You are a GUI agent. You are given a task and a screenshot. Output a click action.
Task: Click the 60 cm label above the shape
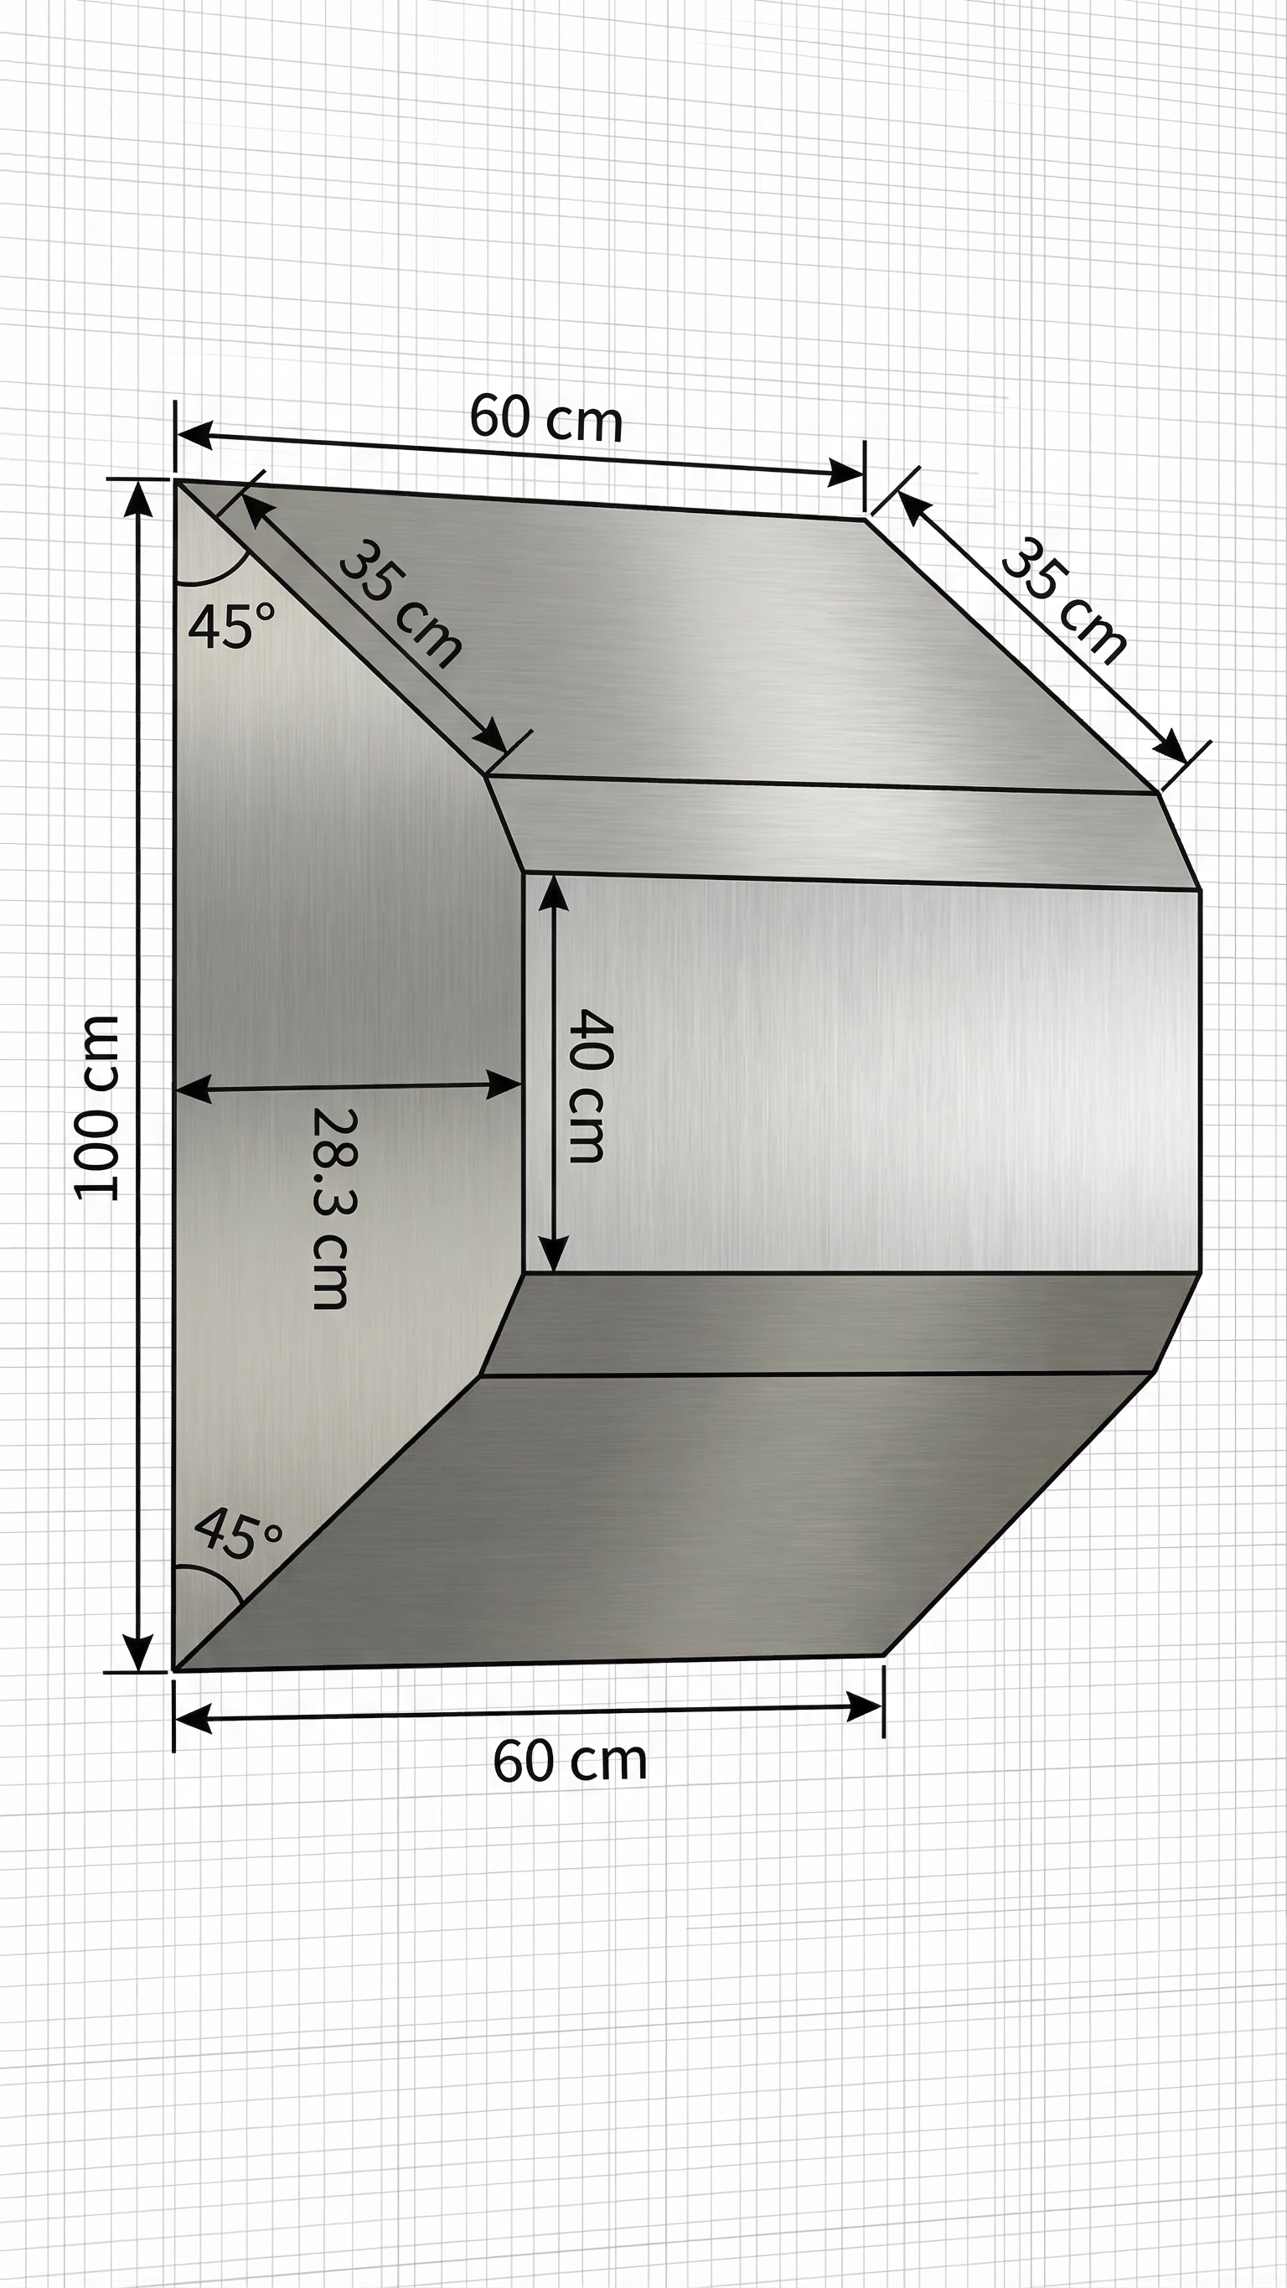pos(545,417)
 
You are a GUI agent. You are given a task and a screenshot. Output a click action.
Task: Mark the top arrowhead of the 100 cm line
pos(137,497)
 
